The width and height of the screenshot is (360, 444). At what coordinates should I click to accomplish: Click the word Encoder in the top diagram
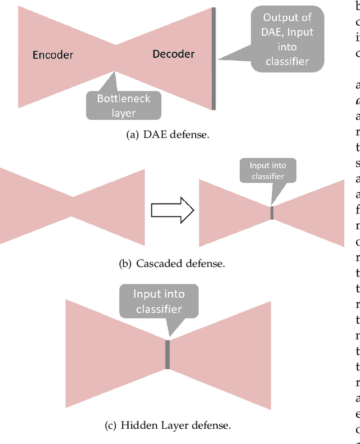(53, 55)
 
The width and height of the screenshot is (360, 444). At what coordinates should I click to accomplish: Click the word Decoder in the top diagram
(173, 54)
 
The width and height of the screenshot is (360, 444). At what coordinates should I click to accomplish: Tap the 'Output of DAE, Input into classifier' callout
(287, 39)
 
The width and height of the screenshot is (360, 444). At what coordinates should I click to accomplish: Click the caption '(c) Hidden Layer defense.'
(168, 425)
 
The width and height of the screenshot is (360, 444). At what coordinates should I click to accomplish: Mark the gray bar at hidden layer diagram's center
(168, 354)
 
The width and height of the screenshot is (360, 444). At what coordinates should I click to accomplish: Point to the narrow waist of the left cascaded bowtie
(73, 196)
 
